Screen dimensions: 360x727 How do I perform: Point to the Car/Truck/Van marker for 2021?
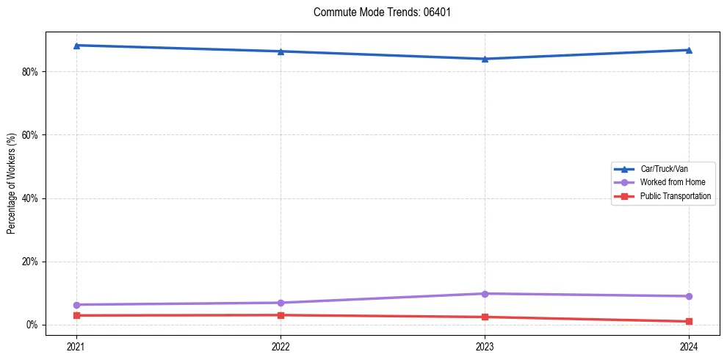76,46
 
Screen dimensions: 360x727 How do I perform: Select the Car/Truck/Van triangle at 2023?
485,59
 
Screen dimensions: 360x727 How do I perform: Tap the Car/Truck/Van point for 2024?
689,50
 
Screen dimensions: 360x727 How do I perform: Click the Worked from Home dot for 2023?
485,294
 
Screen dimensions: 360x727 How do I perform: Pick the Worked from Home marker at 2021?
76,305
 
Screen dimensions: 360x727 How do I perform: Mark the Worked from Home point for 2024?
689,296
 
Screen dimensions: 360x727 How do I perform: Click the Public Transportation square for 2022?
281,315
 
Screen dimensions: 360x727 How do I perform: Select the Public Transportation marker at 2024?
689,321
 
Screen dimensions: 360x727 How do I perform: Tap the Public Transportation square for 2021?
76,315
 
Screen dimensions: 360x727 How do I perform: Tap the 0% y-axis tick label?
32,325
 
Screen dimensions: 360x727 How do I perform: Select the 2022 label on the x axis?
281,345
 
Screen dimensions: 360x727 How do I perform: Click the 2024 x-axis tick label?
689,345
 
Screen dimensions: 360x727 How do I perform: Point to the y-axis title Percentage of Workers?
12,184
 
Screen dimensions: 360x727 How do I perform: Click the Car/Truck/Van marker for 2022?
281,51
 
